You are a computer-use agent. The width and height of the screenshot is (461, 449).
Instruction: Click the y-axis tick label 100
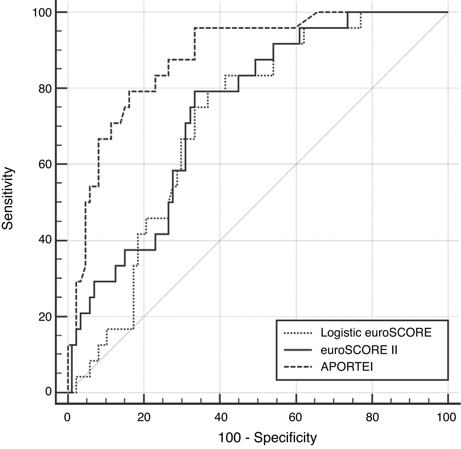click(x=41, y=12)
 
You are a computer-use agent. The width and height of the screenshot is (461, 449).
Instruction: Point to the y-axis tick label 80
click(x=45, y=88)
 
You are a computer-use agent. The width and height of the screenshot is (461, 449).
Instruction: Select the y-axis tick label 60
click(x=45, y=164)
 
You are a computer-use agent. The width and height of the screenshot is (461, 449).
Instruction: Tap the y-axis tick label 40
click(x=45, y=240)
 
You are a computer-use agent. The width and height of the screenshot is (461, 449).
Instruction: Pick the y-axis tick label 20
click(x=45, y=317)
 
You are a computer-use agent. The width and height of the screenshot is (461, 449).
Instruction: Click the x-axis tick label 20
click(x=144, y=418)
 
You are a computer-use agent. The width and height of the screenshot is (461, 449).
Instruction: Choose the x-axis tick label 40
click(x=220, y=418)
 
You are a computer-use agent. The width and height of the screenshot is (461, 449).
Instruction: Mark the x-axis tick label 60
click(x=296, y=418)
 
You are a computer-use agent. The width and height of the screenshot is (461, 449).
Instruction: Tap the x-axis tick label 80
click(x=372, y=418)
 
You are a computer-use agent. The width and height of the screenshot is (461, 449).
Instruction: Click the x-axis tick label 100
click(x=447, y=418)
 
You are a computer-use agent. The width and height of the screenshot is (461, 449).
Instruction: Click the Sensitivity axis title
click(x=8, y=198)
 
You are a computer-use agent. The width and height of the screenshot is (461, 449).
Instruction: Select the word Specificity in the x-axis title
click(x=285, y=438)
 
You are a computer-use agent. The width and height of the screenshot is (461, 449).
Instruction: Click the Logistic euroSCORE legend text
click(x=376, y=333)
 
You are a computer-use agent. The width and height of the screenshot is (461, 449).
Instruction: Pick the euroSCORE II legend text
click(x=359, y=350)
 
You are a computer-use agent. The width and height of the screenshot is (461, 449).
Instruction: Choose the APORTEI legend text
click(x=347, y=367)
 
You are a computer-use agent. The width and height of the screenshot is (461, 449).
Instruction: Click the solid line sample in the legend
click(x=298, y=350)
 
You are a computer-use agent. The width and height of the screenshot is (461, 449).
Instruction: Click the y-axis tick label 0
click(x=48, y=392)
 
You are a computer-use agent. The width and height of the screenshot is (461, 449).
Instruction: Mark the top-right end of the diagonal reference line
click(x=448, y=12)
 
